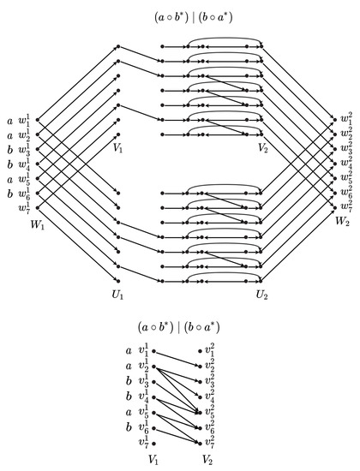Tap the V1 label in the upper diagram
coord(118,146)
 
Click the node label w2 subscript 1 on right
coord(344,114)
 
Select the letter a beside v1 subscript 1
coord(128,350)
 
